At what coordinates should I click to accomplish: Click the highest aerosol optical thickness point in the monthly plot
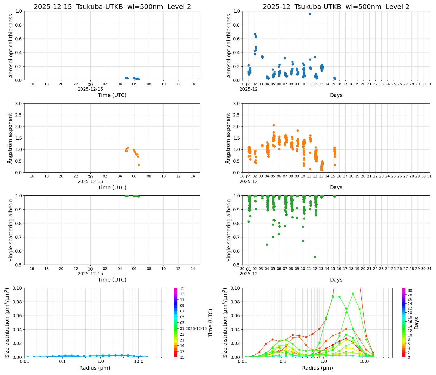click(x=310, y=14)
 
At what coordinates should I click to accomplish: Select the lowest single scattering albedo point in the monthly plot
click(x=315, y=257)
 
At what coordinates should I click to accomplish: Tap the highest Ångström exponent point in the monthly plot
click(x=274, y=125)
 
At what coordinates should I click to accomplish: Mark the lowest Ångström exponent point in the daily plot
click(x=139, y=165)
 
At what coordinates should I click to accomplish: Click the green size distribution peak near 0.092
click(x=353, y=293)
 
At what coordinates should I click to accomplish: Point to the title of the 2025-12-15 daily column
click(x=112, y=7)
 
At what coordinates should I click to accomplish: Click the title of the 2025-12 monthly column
click(x=336, y=7)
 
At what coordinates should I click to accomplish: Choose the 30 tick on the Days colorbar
click(x=410, y=290)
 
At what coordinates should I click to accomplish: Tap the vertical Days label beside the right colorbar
click(x=416, y=323)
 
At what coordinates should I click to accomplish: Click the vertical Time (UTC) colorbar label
click(x=210, y=323)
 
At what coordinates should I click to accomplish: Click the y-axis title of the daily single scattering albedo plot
click(x=11, y=230)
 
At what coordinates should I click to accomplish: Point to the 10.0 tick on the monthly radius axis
click(x=364, y=361)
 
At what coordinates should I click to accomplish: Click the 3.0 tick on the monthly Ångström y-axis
click(x=237, y=104)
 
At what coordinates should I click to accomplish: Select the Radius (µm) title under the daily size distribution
click(x=95, y=368)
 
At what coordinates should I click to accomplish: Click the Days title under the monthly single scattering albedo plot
click(x=336, y=280)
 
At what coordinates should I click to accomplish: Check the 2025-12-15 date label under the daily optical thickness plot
click(x=90, y=89)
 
